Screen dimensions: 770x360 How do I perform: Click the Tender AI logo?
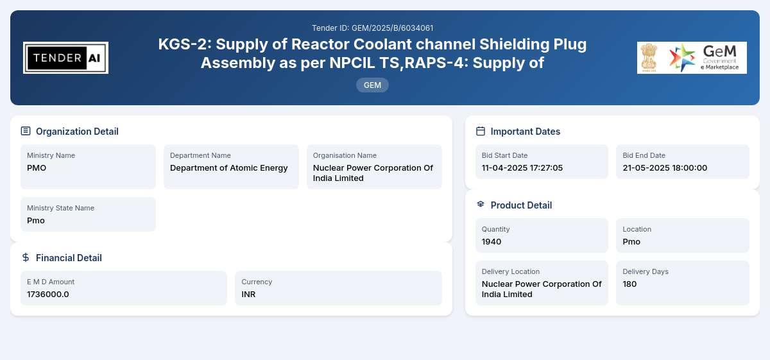point(65,58)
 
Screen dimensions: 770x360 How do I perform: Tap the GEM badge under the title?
point(372,85)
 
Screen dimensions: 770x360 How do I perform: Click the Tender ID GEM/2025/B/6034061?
point(372,28)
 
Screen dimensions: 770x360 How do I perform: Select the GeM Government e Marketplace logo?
point(692,58)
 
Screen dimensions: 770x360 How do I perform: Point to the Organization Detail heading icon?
point(26,131)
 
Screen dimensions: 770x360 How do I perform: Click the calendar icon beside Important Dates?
point(481,131)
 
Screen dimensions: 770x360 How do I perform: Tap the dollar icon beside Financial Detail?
point(26,257)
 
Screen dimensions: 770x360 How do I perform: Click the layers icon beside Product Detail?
point(481,204)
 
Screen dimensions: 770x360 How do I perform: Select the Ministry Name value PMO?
point(37,167)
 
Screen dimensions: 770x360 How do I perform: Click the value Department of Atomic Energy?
point(228,167)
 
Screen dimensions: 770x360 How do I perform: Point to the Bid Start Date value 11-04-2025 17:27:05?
point(522,167)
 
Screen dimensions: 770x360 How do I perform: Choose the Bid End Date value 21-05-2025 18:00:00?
point(665,167)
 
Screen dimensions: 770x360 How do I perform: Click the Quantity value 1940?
point(492,242)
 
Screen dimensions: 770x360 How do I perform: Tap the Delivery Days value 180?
point(629,284)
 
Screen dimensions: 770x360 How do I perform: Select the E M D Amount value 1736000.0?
point(47,295)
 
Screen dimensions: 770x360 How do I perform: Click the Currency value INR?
point(248,295)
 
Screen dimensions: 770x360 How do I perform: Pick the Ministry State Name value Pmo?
point(36,220)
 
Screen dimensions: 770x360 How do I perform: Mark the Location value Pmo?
point(631,242)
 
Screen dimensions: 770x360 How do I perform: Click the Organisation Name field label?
point(345,155)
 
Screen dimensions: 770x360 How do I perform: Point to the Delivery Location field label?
point(511,271)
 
